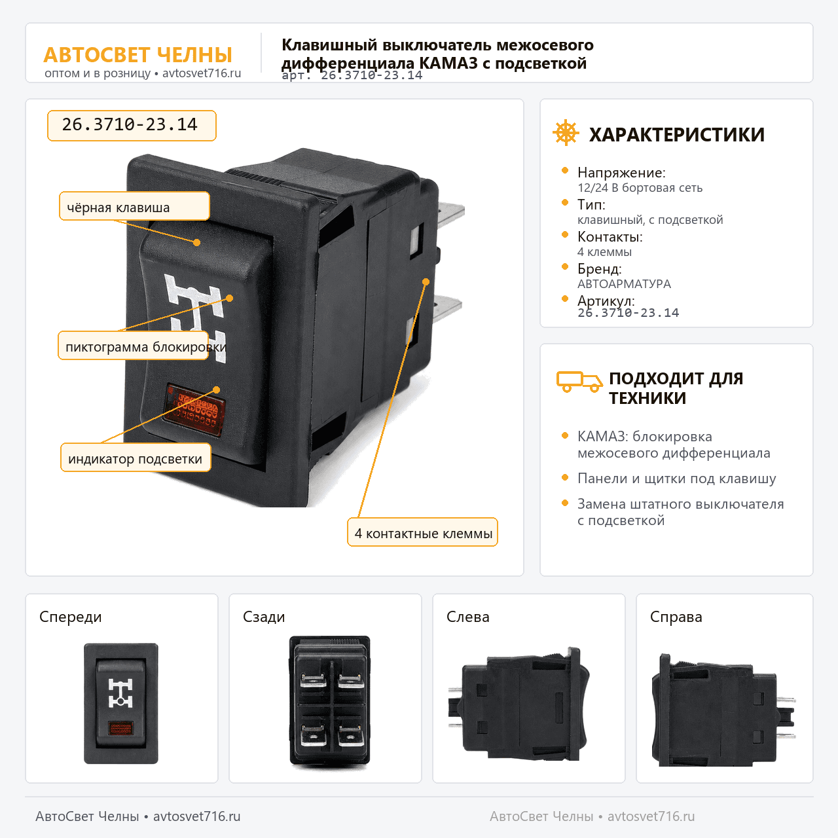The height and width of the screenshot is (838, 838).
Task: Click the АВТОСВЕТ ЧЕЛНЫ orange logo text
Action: [x=138, y=55]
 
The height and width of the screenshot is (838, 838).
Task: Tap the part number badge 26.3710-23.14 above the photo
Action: [x=132, y=125]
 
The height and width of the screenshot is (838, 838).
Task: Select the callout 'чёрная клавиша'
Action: [x=134, y=206]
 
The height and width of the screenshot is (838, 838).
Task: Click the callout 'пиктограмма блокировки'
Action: [x=133, y=346]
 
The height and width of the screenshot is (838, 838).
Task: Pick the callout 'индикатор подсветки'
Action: [x=136, y=458]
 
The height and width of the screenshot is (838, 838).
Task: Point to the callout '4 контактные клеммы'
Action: [x=422, y=532]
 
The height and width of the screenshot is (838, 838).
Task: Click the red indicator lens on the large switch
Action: [x=194, y=410]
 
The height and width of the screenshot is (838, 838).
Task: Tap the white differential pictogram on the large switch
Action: [x=196, y=316]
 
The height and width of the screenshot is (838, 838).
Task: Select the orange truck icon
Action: [x=579, y=382]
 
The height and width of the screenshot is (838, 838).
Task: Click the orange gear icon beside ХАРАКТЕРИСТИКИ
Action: [x=566, y=132]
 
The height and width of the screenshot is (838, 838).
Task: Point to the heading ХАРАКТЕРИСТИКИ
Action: [x=677, y=134]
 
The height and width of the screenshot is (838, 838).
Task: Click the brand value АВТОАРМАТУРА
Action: [x=624, y=284]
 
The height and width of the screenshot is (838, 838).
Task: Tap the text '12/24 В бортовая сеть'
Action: [x=640, y=188]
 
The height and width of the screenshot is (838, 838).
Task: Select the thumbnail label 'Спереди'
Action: [x=71, y=617]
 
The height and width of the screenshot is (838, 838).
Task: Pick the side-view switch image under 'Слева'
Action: [x=519, y=704]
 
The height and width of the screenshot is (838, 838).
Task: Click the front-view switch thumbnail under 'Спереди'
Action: [x=121, y=703]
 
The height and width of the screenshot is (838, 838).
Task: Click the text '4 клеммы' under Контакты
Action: [x=604, y=252]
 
